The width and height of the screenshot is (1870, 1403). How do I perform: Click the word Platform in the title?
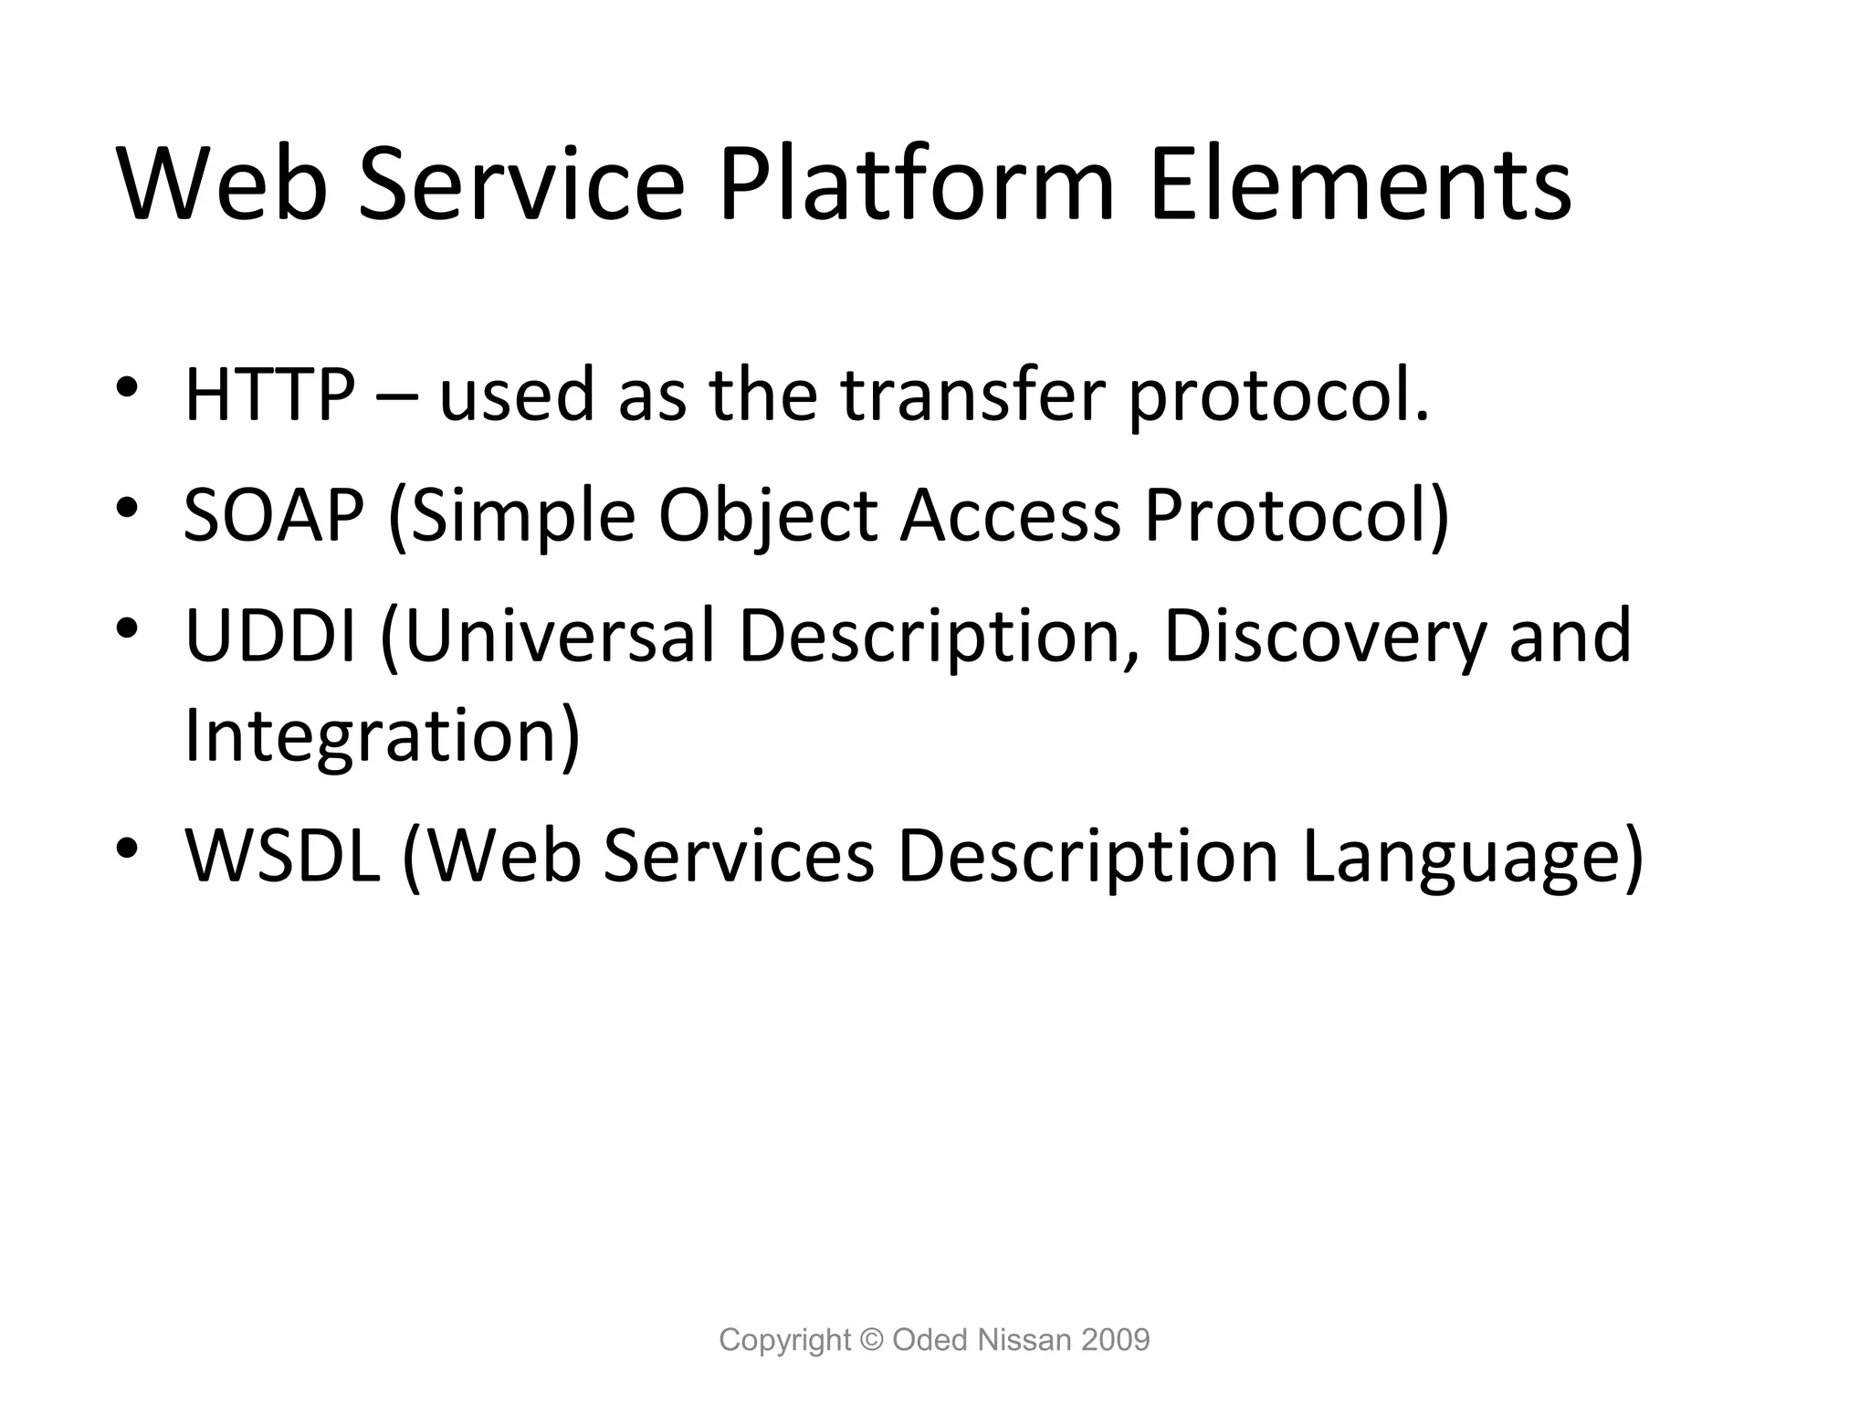click(x=916, y=186)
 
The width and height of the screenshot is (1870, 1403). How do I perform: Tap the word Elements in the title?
click(x=1360, y=186)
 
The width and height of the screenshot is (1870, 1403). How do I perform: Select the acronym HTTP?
click(x=270, y=395)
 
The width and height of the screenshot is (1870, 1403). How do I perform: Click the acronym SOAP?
click(x=273, y=515)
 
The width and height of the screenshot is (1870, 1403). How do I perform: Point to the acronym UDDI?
click(x=270, y=636)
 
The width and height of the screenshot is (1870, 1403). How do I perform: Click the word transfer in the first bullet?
click(x=972, y=395)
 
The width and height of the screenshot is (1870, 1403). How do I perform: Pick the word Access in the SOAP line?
click(x=1010, y=515)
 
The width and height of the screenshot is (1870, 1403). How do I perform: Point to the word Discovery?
click(x=1324, y=638)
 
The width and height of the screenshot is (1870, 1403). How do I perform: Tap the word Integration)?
click(x=382, y=736)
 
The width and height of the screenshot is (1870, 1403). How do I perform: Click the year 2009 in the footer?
click(x=1115, y=1340)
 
